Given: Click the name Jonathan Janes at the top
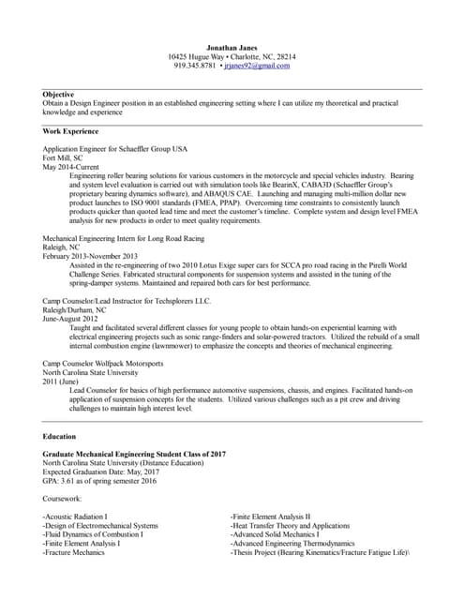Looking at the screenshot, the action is pos(232,45).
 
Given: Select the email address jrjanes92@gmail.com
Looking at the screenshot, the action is pos(257,66).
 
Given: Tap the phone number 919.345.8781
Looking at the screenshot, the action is pos(195,66).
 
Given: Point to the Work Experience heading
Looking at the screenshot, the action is pos(70,131).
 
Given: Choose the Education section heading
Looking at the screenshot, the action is pos(60,436).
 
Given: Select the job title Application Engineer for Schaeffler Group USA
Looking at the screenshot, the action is pos(115,149).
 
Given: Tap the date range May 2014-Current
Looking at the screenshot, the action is pos(71,167).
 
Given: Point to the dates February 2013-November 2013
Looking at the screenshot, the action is pos(91,256).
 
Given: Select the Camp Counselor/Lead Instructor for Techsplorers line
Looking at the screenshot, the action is pos(127,301).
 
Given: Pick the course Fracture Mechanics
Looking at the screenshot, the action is pos(74,552).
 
